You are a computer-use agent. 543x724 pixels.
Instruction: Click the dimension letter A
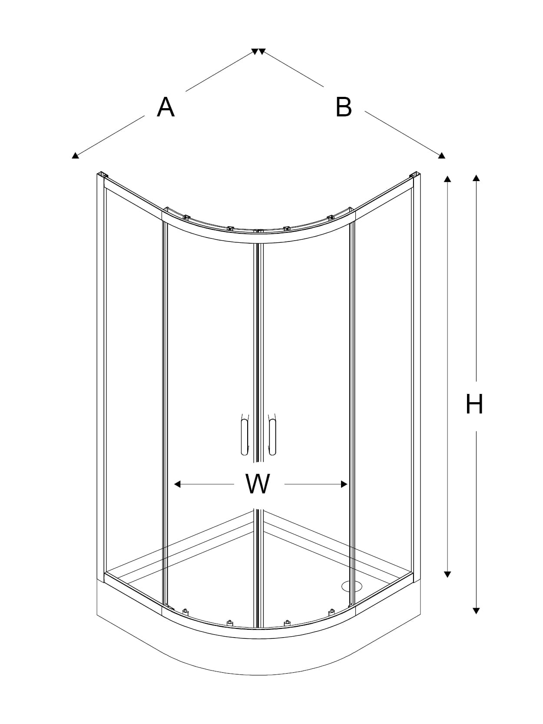point(165,107)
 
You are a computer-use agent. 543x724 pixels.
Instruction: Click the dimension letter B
point(344,107)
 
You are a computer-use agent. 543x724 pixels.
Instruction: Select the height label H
point(474,404)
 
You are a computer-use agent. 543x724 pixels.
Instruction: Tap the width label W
point(258,483)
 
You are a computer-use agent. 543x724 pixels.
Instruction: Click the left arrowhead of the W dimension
point(177,484)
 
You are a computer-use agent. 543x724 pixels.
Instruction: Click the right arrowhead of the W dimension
point(344,484)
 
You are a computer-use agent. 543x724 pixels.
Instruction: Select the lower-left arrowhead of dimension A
point(75,155)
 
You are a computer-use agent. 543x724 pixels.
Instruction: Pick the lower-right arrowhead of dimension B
point(442,155)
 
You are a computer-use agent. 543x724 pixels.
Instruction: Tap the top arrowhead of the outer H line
point(476,178)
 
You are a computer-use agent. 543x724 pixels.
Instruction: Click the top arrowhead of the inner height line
point(447,179)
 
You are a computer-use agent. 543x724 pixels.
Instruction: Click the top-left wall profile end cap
point(103,175)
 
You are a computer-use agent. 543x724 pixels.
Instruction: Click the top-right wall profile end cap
point(414,175)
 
